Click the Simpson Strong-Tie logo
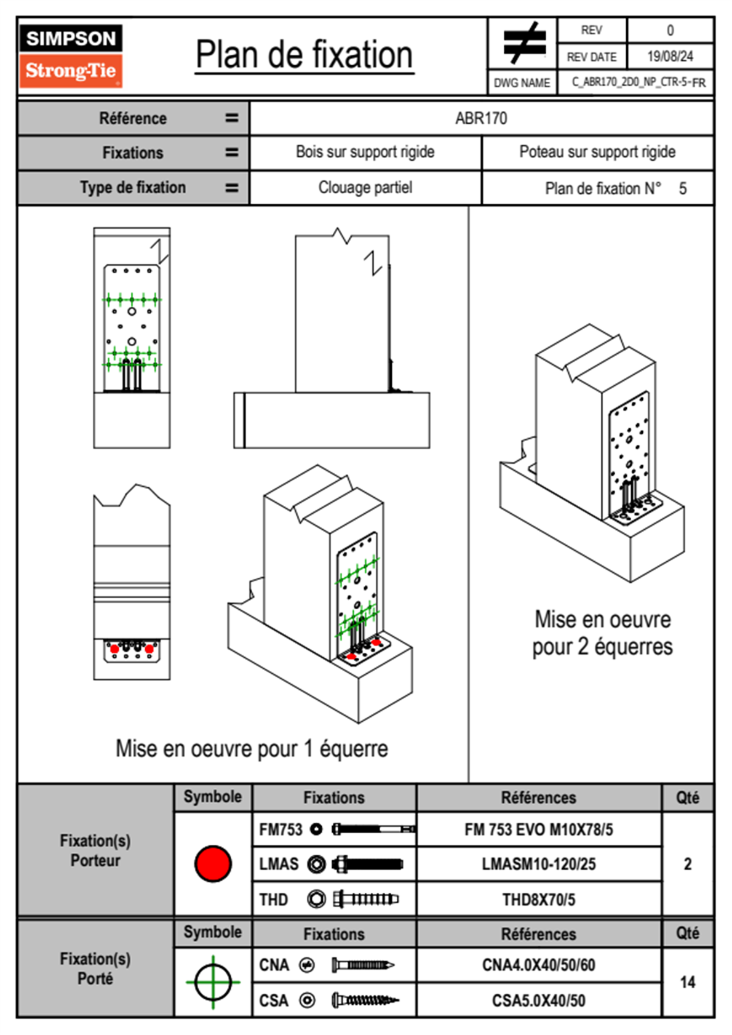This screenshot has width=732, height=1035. pos(71,56)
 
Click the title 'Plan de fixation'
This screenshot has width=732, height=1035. pos(304,55)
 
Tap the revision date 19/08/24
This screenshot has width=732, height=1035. pos(669,57)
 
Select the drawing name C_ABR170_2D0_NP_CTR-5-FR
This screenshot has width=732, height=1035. pos(638,82)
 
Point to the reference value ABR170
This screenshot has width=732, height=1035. pos(481,118)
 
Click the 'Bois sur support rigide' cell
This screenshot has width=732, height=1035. pos(365,152)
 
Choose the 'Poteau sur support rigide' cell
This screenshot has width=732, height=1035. pos(597,152)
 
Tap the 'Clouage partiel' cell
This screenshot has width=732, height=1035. pos(365,188)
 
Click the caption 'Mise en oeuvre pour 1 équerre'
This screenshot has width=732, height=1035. pos(252,749)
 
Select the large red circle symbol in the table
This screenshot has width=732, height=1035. pos(213,863)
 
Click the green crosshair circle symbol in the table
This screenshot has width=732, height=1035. pos(213,981)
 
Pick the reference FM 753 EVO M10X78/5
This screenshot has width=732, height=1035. pos(538,829)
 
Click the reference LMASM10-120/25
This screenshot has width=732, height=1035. pos(538,864)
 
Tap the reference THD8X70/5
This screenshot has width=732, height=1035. pos(538,900)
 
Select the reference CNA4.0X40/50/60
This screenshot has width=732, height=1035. pos(538,965)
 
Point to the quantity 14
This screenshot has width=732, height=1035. pos(687,982)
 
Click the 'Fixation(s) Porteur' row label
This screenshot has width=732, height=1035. pos(95,850)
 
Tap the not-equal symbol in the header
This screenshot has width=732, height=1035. pos(523,43)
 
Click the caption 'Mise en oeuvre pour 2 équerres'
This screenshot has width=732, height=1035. pos(602,633)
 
